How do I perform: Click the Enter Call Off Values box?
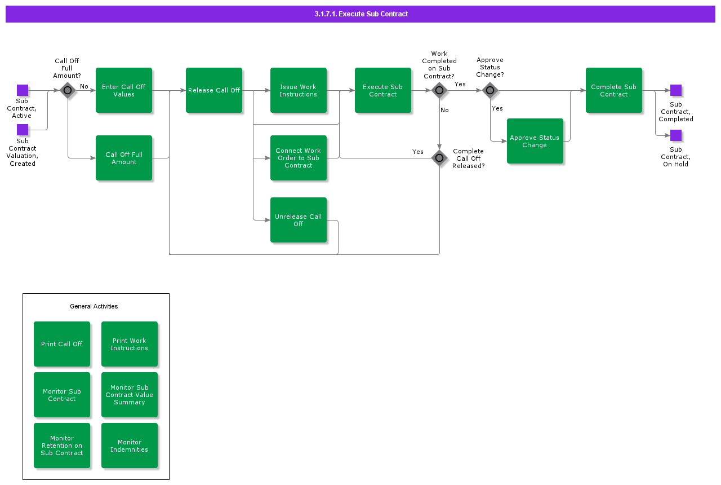[124, 90]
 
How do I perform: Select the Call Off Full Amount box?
[124, 158]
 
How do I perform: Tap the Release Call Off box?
[214, 90]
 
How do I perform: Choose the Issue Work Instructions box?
[299, 90]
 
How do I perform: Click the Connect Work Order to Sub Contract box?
[299, 158]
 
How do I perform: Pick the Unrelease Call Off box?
[299, 220]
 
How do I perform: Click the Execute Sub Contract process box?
[383, 90]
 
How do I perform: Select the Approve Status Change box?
[535, 141]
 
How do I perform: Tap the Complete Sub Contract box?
[614, 90]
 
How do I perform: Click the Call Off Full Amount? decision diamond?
[68, 90]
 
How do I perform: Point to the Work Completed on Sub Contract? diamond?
[439, 90]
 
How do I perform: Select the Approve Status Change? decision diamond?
[490, 90]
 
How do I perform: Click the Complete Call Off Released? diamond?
[439, 158]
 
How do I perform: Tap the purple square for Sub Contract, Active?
[23, 90]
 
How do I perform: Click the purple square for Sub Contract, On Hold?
[676, 135]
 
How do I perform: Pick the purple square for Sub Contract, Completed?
[676, 90]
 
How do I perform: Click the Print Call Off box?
[62, 344]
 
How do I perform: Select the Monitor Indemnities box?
[130, 446]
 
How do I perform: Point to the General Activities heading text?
[94, 306]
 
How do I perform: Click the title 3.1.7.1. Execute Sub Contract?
[361, 14]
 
